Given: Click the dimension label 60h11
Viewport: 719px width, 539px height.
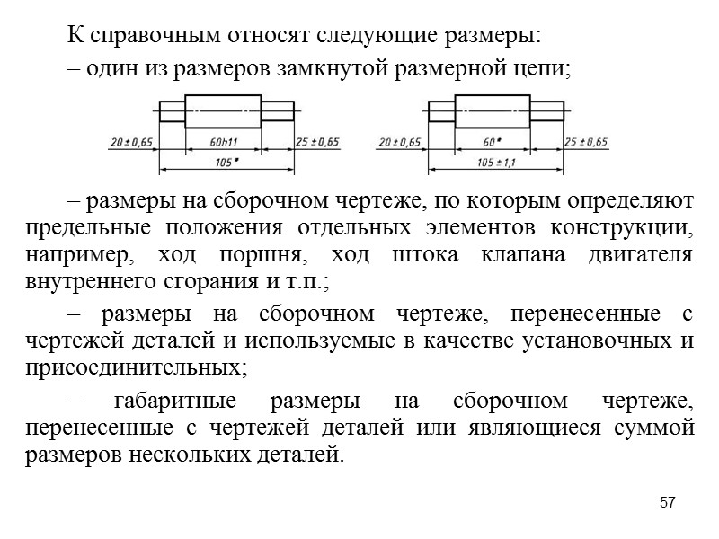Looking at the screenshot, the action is [224, 143].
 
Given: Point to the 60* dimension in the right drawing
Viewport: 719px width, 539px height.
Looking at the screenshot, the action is [492, 143].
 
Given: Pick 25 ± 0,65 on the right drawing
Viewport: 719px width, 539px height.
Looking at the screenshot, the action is [586, 143].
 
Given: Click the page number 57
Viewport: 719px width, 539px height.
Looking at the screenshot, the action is [666, 501].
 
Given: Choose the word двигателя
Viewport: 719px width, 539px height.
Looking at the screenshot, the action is [640, 254].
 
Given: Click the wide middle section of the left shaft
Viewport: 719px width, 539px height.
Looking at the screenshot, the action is [224, 111].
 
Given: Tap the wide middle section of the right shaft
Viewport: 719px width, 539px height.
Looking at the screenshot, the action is [492, 111].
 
